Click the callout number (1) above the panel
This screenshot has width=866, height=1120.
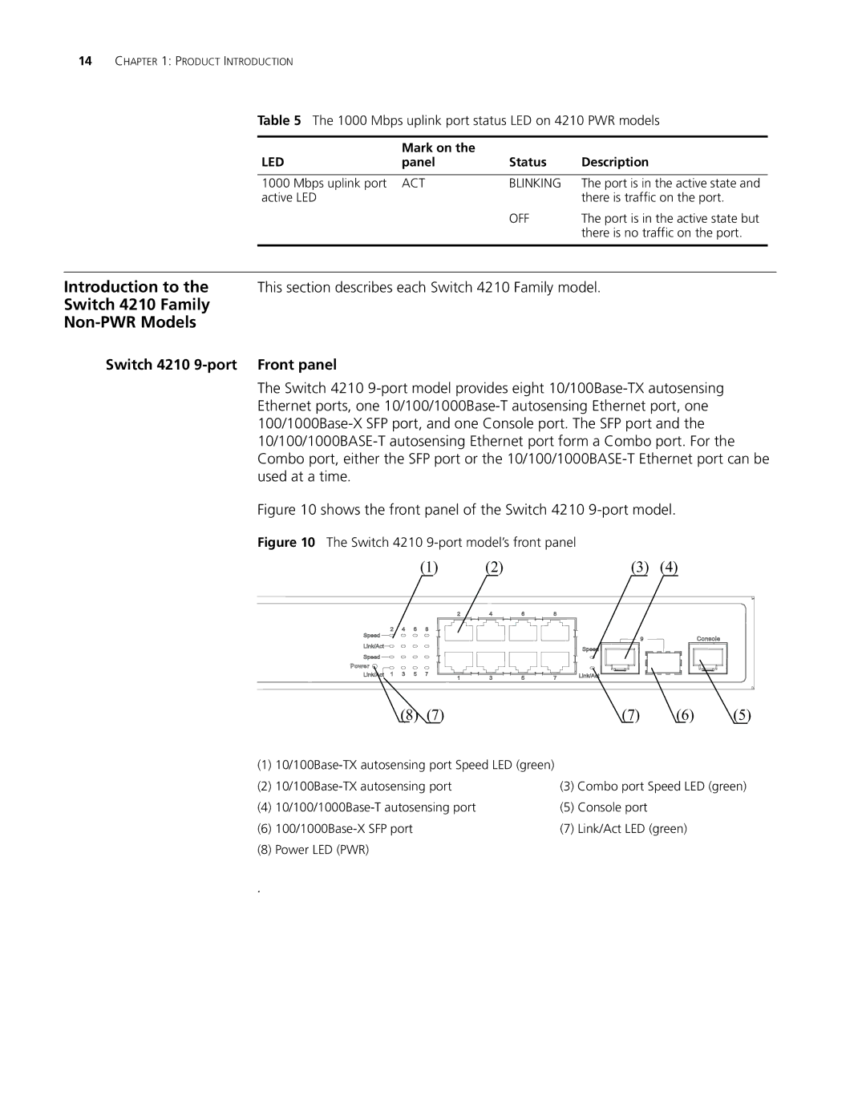[x=431, y=568]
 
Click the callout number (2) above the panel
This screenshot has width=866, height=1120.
[x=492, y=568]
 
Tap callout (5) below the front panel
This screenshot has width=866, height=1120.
[x=743, y=715]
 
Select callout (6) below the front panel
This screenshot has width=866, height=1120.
[x=684, y=715]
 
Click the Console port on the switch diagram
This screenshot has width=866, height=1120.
[x=711, y=659]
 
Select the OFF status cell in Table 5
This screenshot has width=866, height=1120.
[x=519, y=218]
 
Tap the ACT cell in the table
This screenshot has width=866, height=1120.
[x=413, y=184]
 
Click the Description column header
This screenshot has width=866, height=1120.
[x=615, y=162]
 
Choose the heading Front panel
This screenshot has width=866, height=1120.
[x=297, y=365]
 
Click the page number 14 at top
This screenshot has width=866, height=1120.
[x=86, y=62]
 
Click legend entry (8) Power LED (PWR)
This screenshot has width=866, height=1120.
[x=314, y=849]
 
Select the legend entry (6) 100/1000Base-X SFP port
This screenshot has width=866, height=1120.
[x=335, y=828]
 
